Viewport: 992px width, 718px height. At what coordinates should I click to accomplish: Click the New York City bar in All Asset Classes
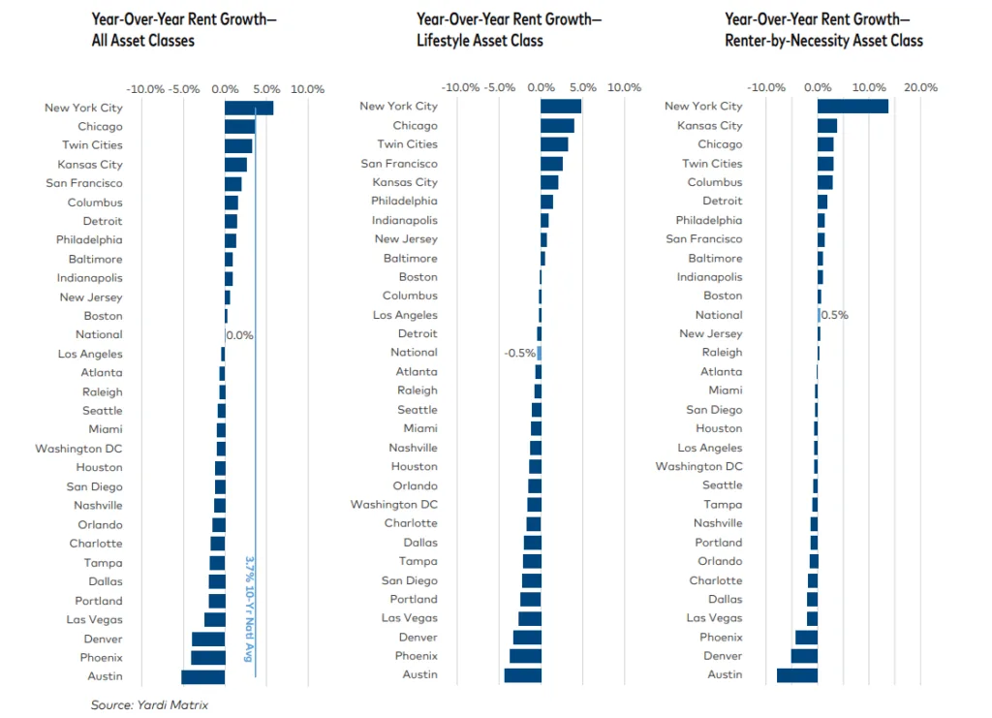[x=248, y=108]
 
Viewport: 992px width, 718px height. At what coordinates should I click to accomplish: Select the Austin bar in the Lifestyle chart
[x=522, y=674]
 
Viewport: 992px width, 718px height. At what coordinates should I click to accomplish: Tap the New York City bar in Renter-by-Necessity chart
[x=852, y=106]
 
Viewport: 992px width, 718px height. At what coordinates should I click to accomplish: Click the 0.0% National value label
[x=239, y=335]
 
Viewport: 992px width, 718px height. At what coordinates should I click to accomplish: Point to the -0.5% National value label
[x=519, y=353]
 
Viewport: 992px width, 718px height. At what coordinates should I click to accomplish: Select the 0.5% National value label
[x=834, y=315]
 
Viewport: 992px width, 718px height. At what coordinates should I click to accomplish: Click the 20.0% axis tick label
[x=920, y=87]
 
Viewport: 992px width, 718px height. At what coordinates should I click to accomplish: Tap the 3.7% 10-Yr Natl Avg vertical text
[x=249, y=608]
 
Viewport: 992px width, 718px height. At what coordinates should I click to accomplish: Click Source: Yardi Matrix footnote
[x=149, y=704]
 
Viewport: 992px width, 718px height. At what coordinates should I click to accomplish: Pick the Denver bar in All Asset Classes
[x=208, y=639]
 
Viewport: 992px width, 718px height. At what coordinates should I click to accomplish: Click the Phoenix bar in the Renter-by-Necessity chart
[x=806, y=637]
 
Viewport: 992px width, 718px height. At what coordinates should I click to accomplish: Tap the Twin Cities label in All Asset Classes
[x=93, y=145]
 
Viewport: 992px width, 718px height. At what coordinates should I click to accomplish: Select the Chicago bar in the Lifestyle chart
[x=557, y=125]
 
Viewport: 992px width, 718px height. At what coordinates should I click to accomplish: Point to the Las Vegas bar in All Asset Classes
[x=215, y=619]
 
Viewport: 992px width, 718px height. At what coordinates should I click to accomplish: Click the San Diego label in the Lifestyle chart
[x=409, y=580]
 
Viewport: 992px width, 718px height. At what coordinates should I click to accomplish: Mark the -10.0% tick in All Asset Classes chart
[x=145, y=89]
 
